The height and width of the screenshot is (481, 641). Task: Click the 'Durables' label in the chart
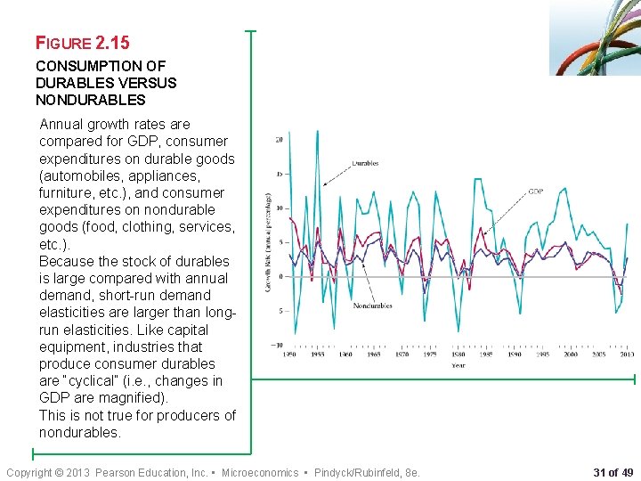click(x=365, y=164)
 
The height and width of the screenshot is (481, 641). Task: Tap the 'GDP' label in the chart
click(x=536, y=192)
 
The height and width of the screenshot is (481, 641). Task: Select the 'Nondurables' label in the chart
click(x=372, y=306)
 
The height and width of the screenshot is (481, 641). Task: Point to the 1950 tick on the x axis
click(x=290, y=355)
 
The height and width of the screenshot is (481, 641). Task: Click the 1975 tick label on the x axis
click(x=430, y=355)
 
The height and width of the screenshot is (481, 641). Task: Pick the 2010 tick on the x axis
click(x=626, y=355)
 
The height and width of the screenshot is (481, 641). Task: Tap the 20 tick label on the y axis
click(x=279, y=140)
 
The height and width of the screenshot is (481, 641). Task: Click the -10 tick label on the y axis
click(x=277, y=345)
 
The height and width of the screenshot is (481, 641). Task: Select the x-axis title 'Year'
click(x=458, y=365)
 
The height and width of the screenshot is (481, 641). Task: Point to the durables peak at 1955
click(x=317, y=132)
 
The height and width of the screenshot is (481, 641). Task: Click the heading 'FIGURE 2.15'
click(x=82, y=42)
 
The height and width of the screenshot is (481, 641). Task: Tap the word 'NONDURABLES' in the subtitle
click(x=90, y=100)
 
